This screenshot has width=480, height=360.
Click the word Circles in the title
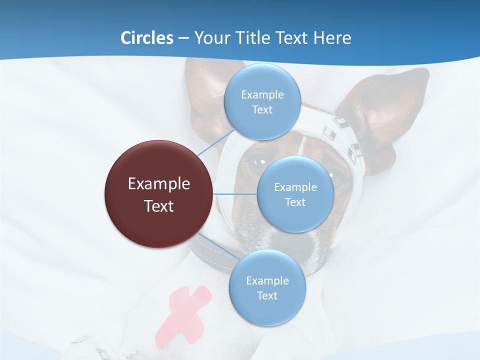[147, 38]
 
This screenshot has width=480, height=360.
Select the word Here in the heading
[332, 38]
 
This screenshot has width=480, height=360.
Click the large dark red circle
[158, 194]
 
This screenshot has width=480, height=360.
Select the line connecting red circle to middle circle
[235, 194]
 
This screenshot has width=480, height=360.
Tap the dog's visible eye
[258, 161]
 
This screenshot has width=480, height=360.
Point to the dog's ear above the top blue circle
[210, 85]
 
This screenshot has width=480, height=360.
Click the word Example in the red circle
[159, 184]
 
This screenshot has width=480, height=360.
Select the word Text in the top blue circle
[262, 110]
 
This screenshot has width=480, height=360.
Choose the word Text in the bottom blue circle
[267, 296]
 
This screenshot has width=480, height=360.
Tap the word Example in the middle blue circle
[295, 187]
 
